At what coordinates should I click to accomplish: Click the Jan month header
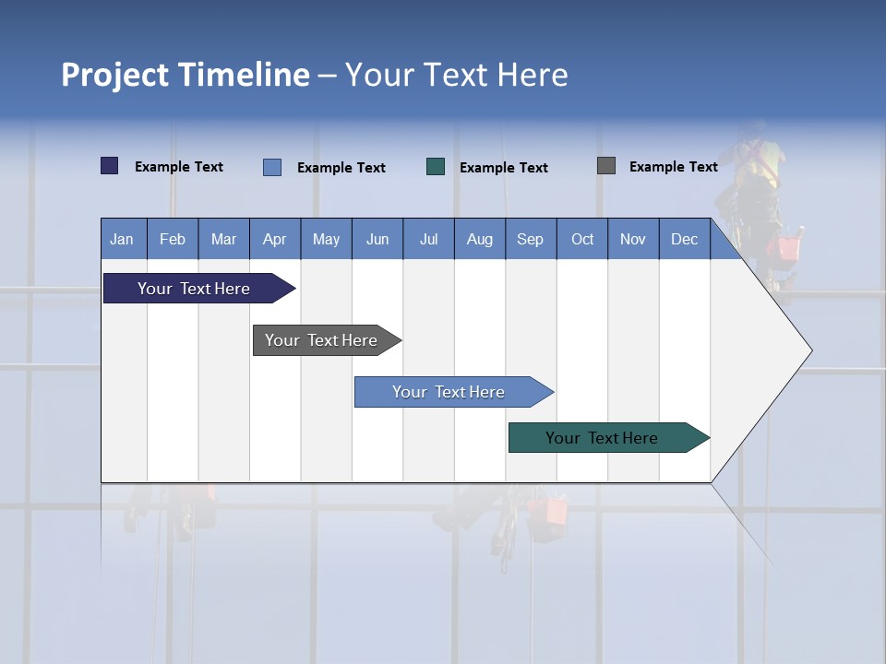(122, 240)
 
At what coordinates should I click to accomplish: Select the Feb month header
(173, 240)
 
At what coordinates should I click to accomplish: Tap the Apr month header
(274, 240)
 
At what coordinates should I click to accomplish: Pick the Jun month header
(377, 240)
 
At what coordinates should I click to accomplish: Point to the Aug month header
(479, 240)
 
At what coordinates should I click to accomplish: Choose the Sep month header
(530, 240)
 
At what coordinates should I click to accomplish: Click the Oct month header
(582, 240)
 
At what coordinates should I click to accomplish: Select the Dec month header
(684, 240)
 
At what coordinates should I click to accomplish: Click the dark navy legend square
(110, 166)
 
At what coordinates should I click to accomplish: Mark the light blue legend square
(272, 167)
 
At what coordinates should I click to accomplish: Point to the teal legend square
(436, 167)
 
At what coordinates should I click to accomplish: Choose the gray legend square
(606, 166)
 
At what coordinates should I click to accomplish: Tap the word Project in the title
(115, 75)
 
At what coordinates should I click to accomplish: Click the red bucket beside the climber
(787, 248)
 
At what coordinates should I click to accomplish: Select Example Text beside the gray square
(673, 167)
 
